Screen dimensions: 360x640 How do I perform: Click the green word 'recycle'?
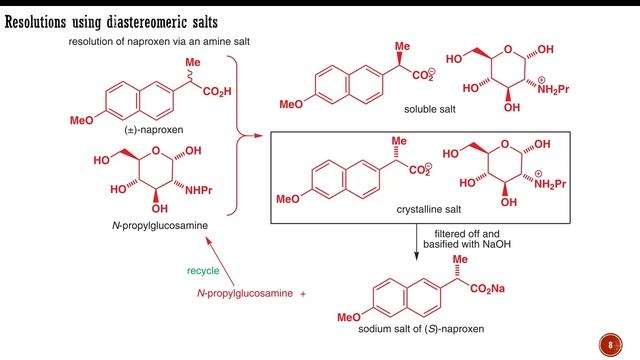[x=203, y=270]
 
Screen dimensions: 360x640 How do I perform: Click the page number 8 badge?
[x=612, y=345]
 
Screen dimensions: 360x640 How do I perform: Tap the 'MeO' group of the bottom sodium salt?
[x=349, y=318]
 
